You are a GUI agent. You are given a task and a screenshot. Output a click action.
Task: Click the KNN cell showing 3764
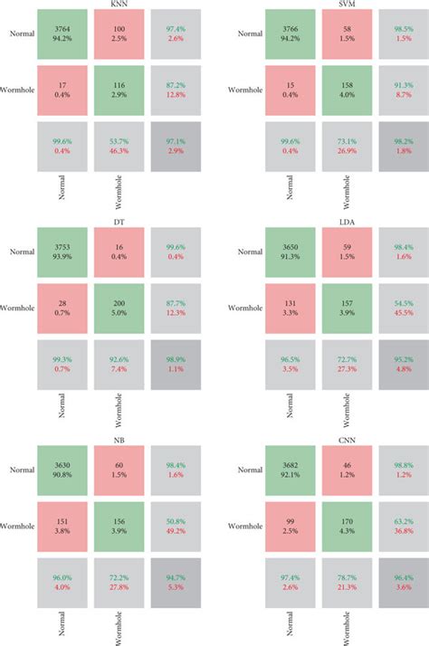click(x=62, y=33)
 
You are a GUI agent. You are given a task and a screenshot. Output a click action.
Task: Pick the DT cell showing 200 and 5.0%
click(x=119, y=309)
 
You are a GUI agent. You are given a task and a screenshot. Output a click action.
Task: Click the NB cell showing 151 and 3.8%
click(x=62, y=527)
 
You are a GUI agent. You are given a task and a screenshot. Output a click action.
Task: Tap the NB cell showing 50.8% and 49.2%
click(x=176, y=527)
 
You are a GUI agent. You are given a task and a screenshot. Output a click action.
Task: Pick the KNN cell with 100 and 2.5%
click(x=119, y=33)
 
